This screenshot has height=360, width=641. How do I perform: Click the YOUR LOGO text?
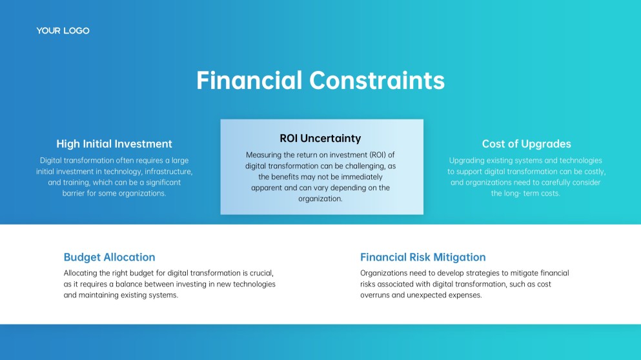63,31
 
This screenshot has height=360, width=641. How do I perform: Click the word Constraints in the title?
377,80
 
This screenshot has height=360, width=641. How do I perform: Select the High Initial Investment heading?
114,144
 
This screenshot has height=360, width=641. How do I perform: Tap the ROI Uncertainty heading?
320,139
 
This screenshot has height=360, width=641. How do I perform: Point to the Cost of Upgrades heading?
526,144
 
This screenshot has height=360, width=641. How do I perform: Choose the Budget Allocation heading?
109,257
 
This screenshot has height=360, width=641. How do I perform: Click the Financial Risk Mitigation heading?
423,257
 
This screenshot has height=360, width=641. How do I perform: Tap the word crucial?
261,273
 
